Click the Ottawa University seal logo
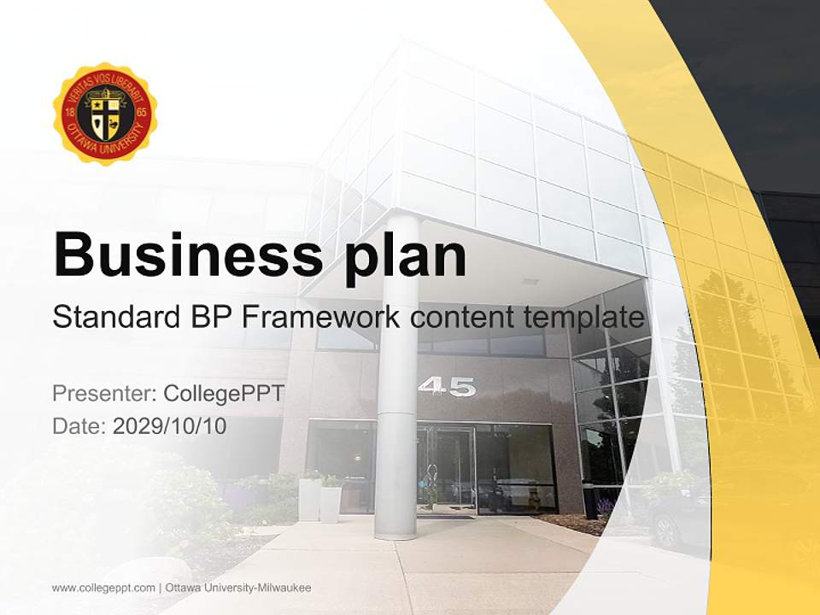pyautogui.click(x=104, y=114)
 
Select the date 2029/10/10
pyautogui.click(x=169, y=425)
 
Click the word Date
pyautogui.click(x=79, y=425)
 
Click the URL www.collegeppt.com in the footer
pyautogui.click(x=102, y=588)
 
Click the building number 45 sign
pyautogui.click(x=447, y=387)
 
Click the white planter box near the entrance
pyautogui.click(x=309, y=500)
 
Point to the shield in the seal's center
pyautogui.click(x=104, y=115)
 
